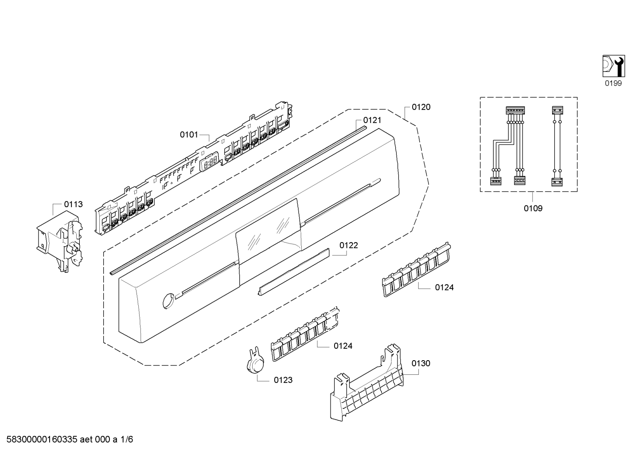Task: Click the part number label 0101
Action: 189,134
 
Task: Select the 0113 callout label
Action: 73,204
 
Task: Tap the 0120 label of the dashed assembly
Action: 421,107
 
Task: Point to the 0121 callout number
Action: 372,120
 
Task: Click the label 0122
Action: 349,245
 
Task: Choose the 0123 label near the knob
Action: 283,380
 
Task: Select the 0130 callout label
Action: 421,363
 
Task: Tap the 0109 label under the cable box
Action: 533,208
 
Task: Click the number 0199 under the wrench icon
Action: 613,83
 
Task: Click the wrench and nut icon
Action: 613,66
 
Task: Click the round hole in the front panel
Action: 168,300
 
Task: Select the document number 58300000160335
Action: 40,440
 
